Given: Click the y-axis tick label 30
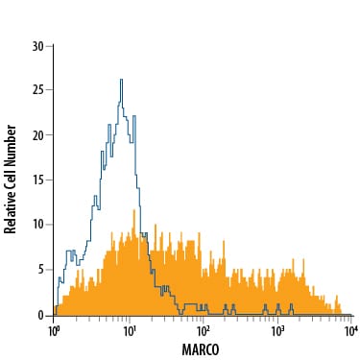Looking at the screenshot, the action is click(38, 47).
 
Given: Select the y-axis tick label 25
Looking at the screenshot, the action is click(38, 90).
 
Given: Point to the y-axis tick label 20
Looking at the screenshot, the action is click(38, 135).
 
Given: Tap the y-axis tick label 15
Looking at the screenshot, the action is click(38, 180).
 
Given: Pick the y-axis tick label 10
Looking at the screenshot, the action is click(38, 225).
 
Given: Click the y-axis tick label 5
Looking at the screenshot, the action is click(41, 270).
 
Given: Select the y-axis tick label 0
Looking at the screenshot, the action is click(41, 316).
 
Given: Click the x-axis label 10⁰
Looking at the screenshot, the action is click(53, 330).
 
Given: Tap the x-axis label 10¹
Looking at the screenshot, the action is click(129, 330).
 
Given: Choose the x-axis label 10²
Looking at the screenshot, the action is click(203, 330).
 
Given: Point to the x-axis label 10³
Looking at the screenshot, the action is click(277, 330).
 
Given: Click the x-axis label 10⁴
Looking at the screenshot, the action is click(351, 330).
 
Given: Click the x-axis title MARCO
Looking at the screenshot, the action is click(201, 349).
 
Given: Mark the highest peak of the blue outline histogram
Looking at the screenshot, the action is click(121, 80).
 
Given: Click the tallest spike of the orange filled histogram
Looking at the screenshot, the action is click(134, 210).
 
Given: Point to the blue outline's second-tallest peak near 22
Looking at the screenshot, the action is click(134, 116).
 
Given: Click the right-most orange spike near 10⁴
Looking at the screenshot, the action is click(336, 296).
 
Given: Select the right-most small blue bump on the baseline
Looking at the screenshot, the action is click(291, 304).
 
